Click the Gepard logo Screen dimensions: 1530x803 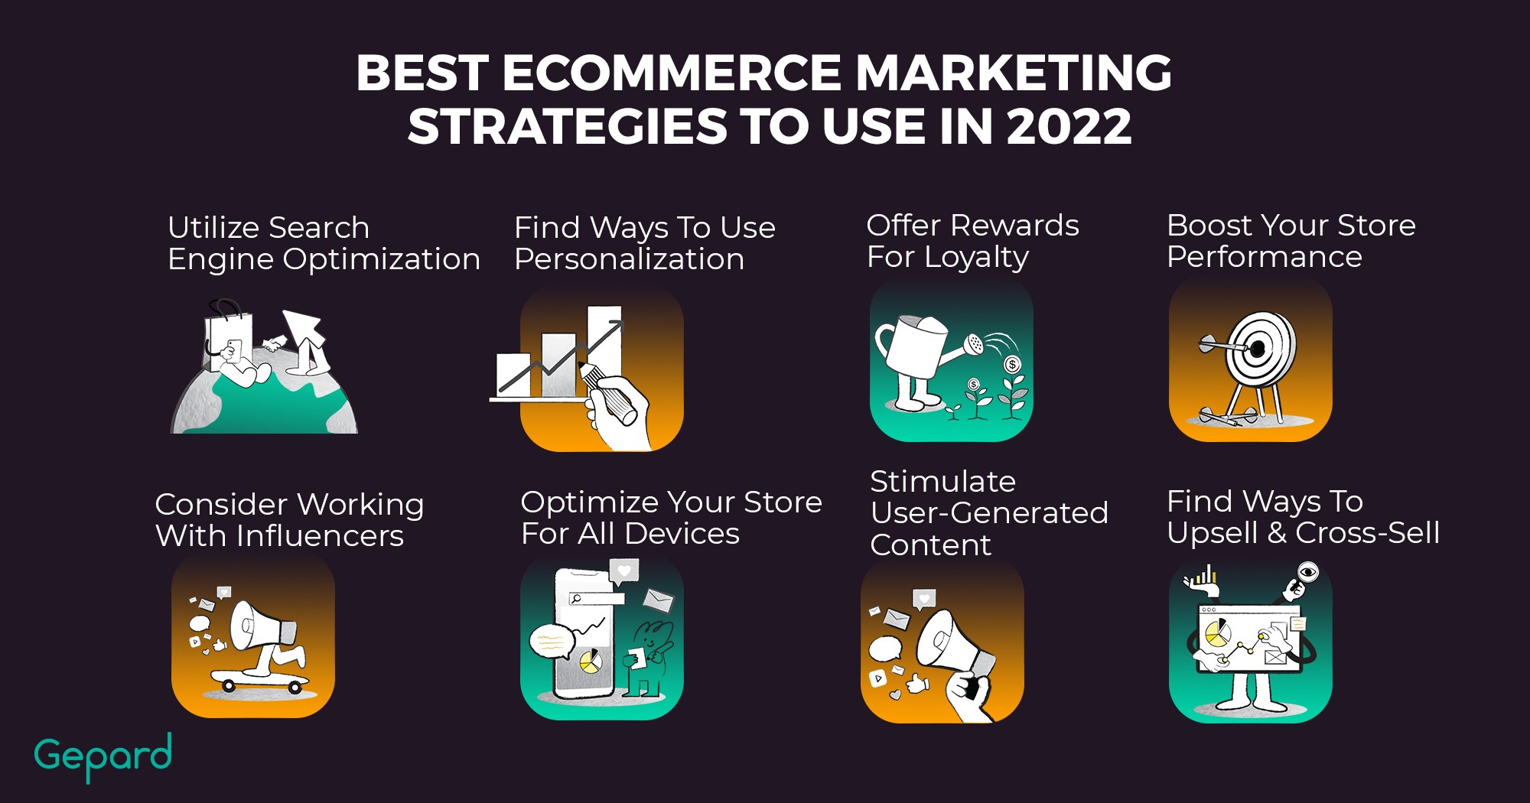coord(103,756)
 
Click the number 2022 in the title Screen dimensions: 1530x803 coord(1069,126)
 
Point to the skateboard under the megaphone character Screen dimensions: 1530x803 coord(260,680)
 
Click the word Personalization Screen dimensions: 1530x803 coord(629,259)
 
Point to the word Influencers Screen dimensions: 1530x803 coord(320,535)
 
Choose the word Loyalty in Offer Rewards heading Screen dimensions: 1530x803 coord(976,257)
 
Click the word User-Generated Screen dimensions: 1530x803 coord(989,512)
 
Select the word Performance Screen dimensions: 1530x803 coord(1264,257)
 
